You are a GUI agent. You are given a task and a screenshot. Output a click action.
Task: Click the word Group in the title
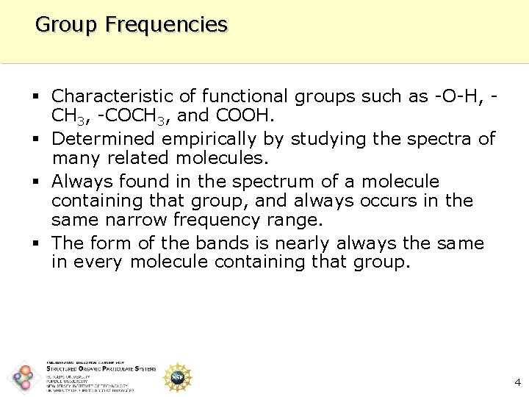[x=66, y=25]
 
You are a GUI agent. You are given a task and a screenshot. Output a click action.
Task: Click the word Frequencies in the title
[x=166, y=25]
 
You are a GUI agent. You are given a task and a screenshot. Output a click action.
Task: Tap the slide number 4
[x=517, y=382]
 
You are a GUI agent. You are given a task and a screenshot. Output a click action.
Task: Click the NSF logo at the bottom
[x=177, y=376]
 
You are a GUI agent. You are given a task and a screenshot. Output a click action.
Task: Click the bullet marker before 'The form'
[x=37, y=243]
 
